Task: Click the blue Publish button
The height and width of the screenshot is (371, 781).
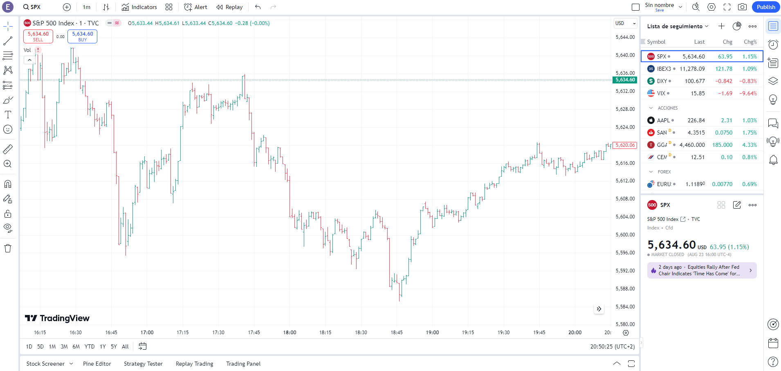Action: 765,7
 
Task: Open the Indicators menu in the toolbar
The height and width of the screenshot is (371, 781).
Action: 139,7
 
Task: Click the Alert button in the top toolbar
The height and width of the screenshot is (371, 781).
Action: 195,7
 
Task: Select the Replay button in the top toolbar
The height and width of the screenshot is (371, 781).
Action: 229,7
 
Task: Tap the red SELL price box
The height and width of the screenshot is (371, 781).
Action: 38,36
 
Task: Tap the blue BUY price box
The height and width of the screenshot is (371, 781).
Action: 82,36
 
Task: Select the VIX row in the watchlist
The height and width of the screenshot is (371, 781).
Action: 702,93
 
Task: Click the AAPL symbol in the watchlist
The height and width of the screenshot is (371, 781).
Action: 663,120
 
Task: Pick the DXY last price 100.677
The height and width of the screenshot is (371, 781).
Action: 695,81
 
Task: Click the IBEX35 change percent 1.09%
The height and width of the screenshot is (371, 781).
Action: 750,69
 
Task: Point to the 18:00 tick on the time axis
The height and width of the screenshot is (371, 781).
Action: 290,332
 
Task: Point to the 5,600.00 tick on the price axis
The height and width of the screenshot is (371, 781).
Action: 625,235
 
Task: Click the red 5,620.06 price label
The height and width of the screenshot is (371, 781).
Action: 625,145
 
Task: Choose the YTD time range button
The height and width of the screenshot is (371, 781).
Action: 90,346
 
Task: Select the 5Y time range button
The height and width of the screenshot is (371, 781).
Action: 114,346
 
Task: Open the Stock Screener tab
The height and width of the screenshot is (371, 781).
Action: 45,364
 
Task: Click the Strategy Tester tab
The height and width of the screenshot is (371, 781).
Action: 143,364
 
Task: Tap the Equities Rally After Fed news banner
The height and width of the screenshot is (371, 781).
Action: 702,270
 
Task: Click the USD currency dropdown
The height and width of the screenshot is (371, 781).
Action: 625,23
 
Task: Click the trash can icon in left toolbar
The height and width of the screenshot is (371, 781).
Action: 8,248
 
